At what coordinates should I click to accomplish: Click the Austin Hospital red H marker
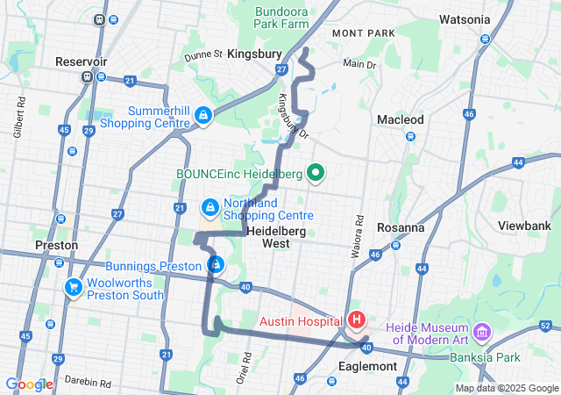358,321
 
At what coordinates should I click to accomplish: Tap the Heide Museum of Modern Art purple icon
481,332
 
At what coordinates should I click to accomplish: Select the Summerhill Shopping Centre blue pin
203,115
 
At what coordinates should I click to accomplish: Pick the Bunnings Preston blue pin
216,264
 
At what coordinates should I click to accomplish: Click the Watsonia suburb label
465,18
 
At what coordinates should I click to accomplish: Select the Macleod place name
400,119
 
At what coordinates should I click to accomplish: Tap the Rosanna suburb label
401,226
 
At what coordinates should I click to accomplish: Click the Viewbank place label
524,225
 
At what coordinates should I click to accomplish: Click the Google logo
29,384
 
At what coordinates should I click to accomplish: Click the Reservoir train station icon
87,76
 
